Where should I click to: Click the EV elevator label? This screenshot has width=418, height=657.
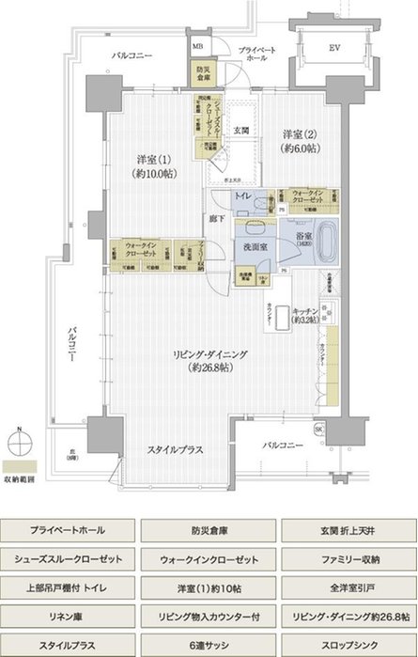point(334,46)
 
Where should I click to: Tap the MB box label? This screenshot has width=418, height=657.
point(197,45)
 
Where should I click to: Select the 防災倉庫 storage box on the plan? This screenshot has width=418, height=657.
point(202,71)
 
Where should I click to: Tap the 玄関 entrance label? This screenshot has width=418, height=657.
point(241,130)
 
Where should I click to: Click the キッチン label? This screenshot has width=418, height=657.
point(305,314)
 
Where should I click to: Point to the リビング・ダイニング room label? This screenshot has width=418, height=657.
point(208,359)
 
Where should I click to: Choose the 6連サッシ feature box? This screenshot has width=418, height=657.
point(208,647)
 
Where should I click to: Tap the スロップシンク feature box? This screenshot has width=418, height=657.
point(348,647)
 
